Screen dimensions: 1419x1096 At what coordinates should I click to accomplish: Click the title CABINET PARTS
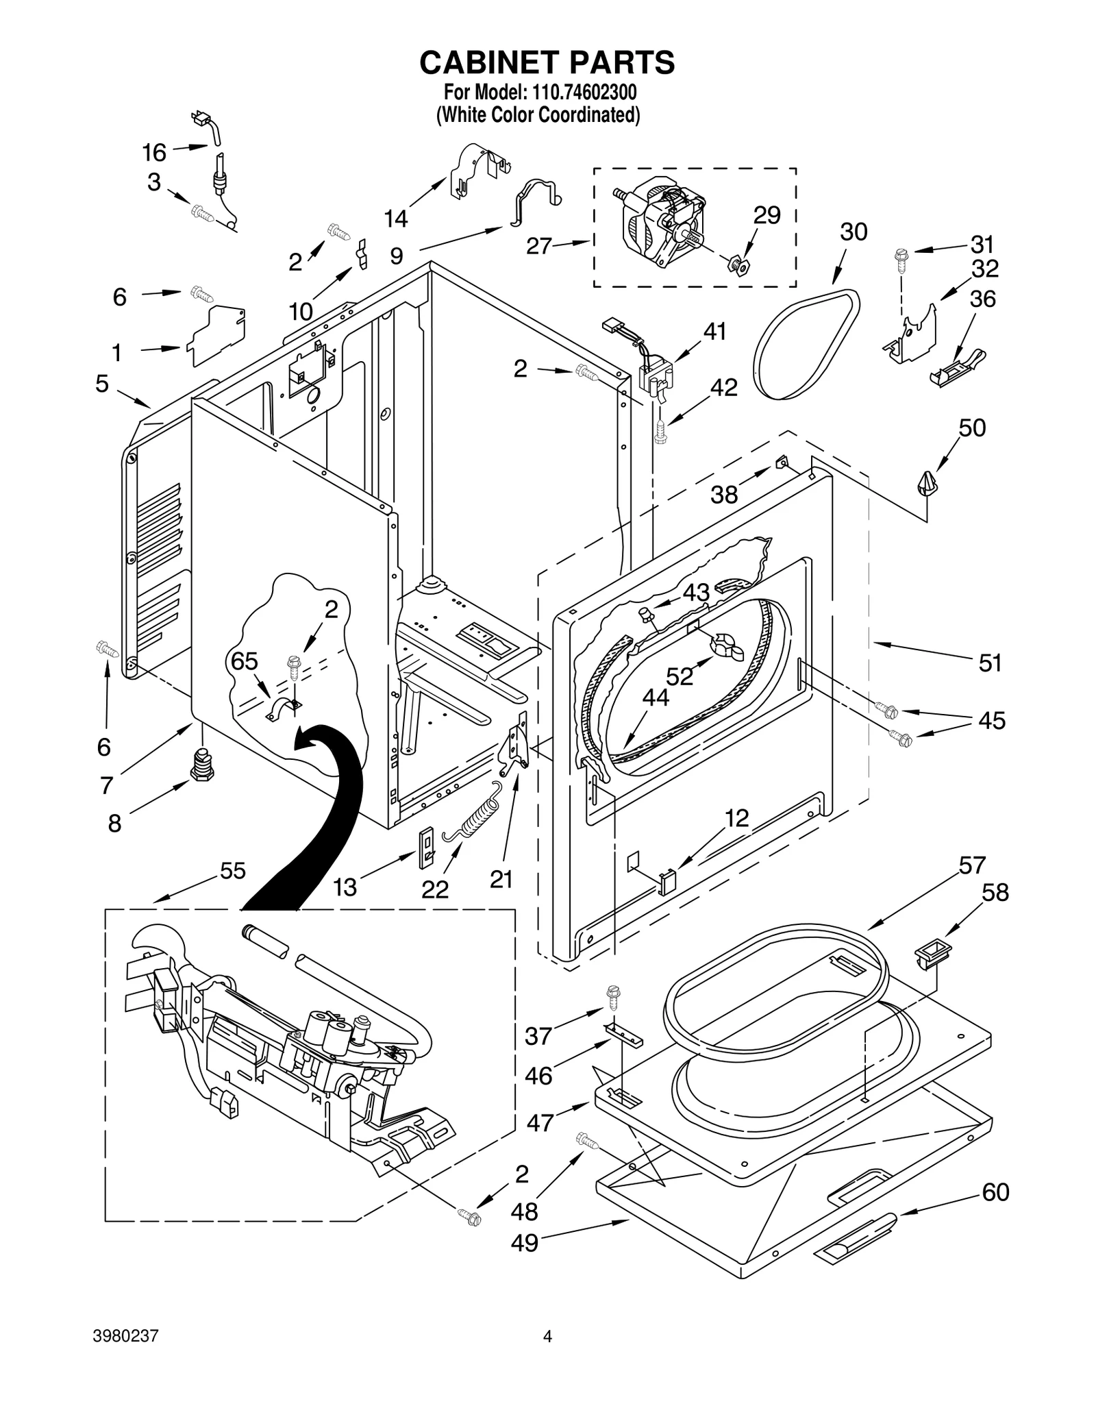coord(547,62)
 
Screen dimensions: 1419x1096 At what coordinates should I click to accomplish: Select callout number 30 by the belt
coord(853,232)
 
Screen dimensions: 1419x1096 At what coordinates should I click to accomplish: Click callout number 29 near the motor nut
coord(767,215)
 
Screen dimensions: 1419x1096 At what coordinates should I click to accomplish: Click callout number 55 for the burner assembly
coord(232,871)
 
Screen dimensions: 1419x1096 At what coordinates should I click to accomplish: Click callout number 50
coord(971,428)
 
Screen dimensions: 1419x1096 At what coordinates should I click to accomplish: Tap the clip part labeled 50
coord(926,484)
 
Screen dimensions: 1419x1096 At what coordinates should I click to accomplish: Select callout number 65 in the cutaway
coord(244,661)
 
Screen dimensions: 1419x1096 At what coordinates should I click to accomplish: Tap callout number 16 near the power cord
coord(154,152)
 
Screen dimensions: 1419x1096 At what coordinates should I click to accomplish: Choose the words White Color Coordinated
coord(538,114)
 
